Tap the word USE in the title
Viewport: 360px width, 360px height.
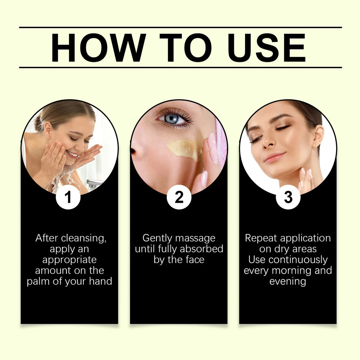(266, 47)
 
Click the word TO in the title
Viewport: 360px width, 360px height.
(186, 47)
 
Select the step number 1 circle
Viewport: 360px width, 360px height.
(68, 197)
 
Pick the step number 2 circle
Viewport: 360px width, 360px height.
(179, 197)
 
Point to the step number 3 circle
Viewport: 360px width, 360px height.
(288, 197)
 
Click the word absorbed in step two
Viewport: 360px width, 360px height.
(201, 249)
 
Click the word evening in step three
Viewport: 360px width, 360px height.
(288, 282)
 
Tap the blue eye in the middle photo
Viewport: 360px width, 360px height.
(172, 119)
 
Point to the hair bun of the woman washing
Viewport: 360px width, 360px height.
(39, 124)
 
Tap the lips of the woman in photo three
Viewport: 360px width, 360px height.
(275, 157)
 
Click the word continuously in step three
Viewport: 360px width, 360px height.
(298, 260)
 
